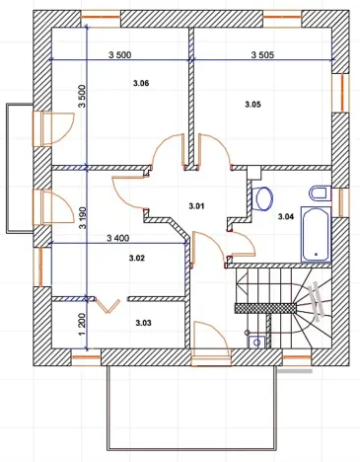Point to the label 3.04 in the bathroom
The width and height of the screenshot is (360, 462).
[286, 215]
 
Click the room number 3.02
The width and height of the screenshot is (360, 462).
[137, 258]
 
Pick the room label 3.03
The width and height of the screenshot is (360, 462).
[143, 323]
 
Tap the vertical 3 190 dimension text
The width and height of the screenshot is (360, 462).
[84, 234]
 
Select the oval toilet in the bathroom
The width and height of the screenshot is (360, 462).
[263, 198]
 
